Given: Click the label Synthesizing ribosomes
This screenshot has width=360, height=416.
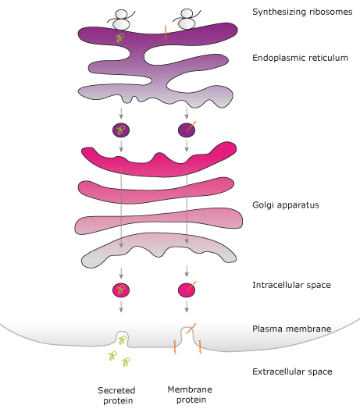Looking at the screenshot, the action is [x=302, y=12].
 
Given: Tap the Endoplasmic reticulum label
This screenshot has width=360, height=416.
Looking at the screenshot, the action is [x=301, y=58].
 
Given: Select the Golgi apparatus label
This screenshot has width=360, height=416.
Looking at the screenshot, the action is [x=286, y=205].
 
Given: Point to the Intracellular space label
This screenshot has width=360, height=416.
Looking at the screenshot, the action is [x=291, y=285].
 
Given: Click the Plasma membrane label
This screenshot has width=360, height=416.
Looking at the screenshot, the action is [x=292, y=329].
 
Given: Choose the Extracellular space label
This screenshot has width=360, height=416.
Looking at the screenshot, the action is [x=292, y=372].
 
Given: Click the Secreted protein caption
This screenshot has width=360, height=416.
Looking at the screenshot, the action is [x=117, y=395].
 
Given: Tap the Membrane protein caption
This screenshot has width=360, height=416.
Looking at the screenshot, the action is [x=190, y=394].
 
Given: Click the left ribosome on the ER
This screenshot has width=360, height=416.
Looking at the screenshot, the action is [x=121, y=20].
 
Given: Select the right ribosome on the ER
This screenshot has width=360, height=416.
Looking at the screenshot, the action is [x=187, y=19].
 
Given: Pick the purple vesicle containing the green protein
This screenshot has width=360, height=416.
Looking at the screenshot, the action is [x=121, y=130].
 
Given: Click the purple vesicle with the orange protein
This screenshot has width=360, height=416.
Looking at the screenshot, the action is [x=187, y=130].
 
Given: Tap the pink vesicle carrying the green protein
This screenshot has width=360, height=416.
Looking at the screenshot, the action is [x=121, y=290].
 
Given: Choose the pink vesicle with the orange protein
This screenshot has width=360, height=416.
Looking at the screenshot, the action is [x=187, y=290].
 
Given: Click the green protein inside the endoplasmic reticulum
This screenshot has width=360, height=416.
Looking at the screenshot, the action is [x=120, y=37].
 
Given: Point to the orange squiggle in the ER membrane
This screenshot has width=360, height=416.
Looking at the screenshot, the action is [x=166, y=33].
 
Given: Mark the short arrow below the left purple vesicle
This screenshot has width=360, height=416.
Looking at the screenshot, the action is [x=121, y=146].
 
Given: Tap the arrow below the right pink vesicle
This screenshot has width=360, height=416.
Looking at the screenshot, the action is [x=187, y=307].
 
